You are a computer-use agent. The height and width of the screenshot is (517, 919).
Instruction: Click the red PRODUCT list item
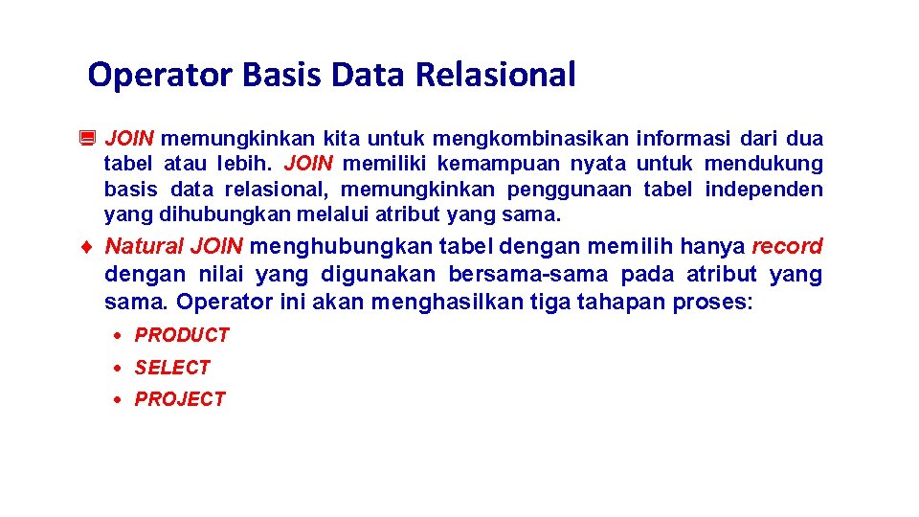pos(182,335)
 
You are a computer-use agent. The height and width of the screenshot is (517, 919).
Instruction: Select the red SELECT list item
pos(172,368)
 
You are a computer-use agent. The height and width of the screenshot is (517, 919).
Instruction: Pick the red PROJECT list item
pos(180,399)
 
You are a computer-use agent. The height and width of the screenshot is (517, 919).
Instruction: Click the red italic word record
pos(787,247)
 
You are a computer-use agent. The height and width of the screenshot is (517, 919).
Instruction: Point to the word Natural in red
pos(145,247)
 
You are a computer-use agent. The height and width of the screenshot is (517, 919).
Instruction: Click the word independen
pos(763,190)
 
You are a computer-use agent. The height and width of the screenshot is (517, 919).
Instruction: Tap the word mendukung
pos(774,164)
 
